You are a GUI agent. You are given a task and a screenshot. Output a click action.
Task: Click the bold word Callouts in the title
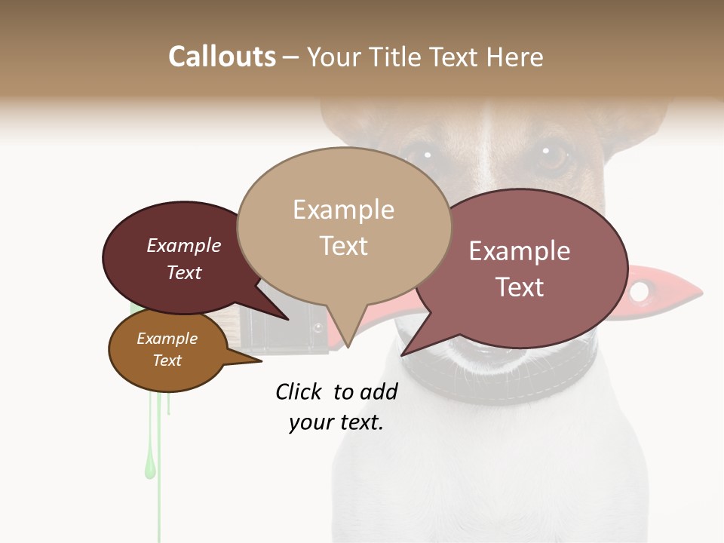coord(222,57)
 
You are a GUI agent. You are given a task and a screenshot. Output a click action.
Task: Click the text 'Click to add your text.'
coord(336,406)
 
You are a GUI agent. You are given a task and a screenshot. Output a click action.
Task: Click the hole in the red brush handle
coord(640,291)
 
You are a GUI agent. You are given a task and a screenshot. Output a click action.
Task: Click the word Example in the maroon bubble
coord(183,245)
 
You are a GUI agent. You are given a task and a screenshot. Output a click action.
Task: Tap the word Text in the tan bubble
coord(344,246)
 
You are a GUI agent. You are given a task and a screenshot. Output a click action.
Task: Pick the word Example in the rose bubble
coord(520,251)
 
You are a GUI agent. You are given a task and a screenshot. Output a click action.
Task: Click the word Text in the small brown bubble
coord(167,360)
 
